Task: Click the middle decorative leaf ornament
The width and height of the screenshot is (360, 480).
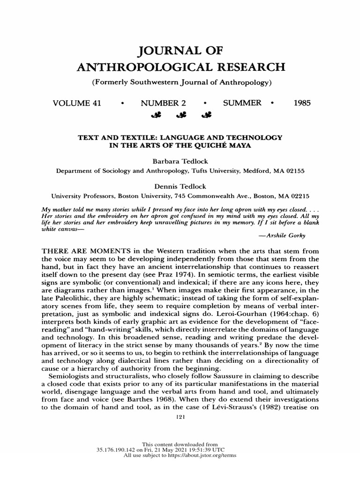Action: pos(180,115)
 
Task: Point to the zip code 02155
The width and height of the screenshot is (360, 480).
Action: pos(293,171)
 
